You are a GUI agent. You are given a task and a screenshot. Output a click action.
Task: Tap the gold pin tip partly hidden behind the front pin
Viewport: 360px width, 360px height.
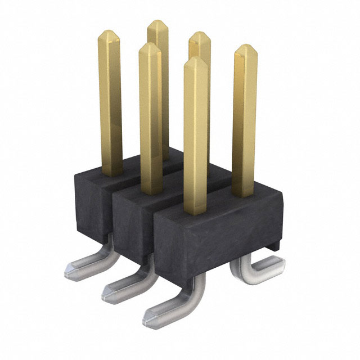[x=200, y=35]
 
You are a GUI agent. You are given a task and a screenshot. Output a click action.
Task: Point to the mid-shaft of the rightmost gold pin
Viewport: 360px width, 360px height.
[x=245, y=124]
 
